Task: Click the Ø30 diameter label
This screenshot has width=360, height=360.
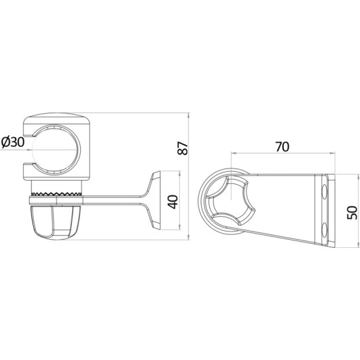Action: (x=13, y=142)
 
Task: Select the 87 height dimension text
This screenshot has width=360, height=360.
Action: (x=183, y=149)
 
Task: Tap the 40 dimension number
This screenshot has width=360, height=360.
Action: (x=173, y=202)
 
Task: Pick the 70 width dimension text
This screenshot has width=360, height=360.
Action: (x=282, y=147)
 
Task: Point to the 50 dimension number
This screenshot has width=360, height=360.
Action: (x=353, y=213)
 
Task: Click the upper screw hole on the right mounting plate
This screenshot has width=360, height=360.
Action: (x=325, y=192)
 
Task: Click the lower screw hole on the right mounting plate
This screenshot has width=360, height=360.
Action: (x=325, y=230)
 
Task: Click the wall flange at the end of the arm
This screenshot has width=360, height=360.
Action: (x=156, y=200)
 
